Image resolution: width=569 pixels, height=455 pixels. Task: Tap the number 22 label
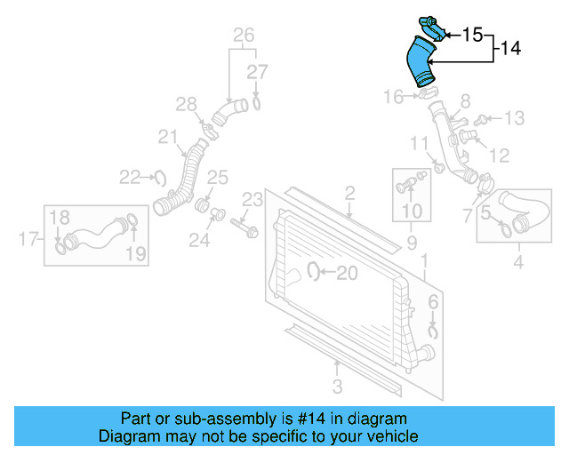131,178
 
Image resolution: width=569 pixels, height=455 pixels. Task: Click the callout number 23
253,197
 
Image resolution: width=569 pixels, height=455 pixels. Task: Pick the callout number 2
349,192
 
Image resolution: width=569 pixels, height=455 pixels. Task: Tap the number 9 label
412,242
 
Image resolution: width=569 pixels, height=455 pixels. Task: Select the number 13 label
515,117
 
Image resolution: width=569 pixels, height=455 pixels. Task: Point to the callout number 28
185,106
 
